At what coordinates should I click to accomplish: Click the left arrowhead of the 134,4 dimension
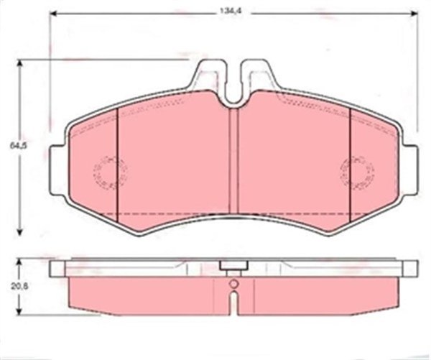click(x=54, y=13)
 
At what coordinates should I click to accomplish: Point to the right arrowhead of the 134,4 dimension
click(x=414, y=13)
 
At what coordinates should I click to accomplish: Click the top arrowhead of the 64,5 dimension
click(x=19, y=64)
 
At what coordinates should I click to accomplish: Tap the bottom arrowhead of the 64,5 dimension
click(x=19, y=231)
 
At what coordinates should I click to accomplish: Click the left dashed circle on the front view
click(x=110, y=172)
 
